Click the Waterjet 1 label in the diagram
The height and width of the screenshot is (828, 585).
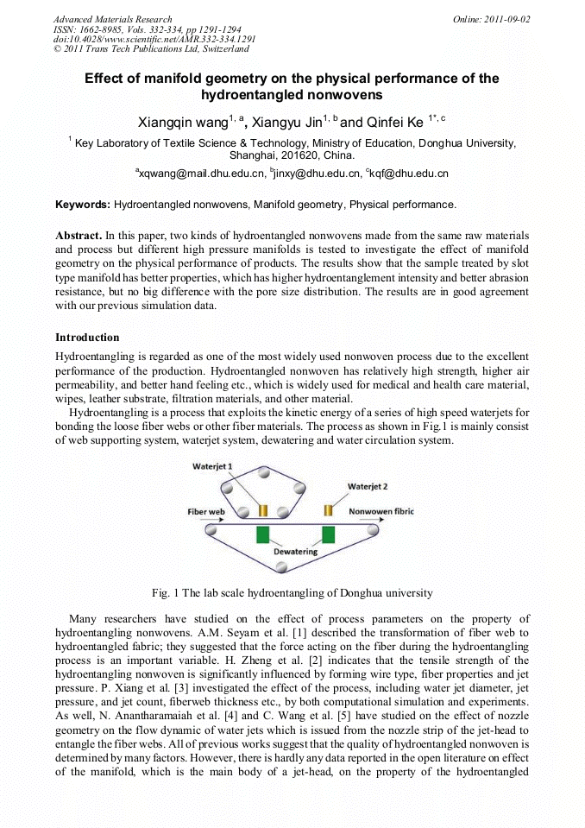coord(213,466)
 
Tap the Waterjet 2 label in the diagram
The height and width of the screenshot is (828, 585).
coord(368,486)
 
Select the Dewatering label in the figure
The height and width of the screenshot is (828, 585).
coord(295,551)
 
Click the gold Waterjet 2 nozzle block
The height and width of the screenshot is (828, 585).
coord(328,510)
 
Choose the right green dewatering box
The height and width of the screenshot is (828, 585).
coord(328,534)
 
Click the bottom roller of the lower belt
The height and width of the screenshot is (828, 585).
coord(281,566)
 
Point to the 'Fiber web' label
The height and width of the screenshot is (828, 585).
coord(207,511)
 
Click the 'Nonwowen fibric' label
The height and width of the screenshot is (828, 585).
coord(381,511)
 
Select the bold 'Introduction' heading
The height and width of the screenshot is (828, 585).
coord(87,337)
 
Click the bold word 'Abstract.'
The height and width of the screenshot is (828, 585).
coord(79,236)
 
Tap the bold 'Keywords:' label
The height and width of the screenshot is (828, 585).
coord(83,205)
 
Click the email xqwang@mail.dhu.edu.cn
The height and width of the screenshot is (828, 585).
coord(200,174)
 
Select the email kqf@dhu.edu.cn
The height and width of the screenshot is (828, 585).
coord(407,174)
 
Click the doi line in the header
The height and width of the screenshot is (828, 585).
coord(154,40)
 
